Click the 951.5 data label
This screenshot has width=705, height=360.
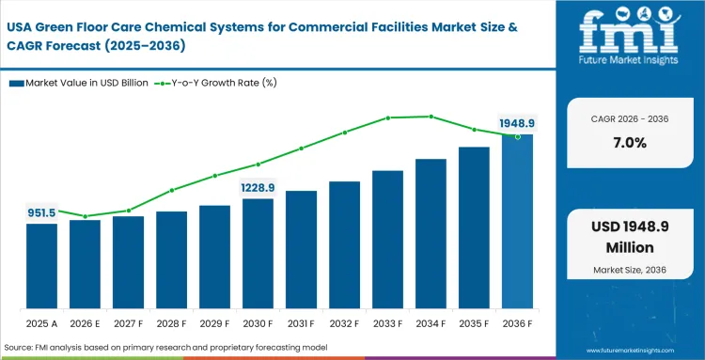pyautogui.click(x=41, y=213)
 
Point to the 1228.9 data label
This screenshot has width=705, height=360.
pyautogui.click(x=258, y=187)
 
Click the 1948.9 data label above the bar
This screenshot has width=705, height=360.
pyautogui.click(x=517, y=122)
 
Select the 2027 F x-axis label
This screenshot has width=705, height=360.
pyautogui.click(x=128, y=324)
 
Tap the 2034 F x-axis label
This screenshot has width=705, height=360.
pyautogui.click(x=431, y=324)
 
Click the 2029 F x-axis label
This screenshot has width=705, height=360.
pyautogui.click(x=214, y=324)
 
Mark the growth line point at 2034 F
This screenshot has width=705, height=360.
pyautogui.click(x=431, y=117)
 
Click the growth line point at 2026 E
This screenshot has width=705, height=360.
pyautogui.click(x=85, y=217)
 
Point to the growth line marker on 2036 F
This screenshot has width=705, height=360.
pyautogui.click(x=517, y=137)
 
